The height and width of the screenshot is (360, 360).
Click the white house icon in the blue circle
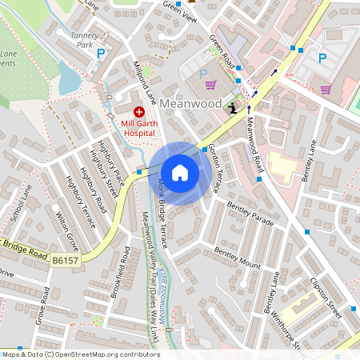[180, 173]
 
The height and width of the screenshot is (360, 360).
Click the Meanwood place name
[190, 104]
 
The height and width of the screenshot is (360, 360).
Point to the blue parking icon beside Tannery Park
[101, 54]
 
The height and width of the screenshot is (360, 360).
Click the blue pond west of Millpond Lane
[70, 78]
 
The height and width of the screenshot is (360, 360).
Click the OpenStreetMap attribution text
[80, 354]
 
